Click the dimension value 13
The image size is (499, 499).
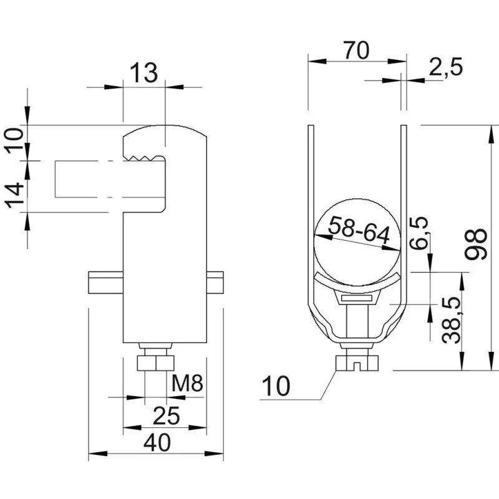[144, 73]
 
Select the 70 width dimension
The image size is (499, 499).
[357, 50]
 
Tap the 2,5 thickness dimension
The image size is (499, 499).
[445, 67]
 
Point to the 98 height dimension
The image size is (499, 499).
[477, 244]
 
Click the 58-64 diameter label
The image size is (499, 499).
[359, 230]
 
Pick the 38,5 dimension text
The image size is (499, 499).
[452, 320]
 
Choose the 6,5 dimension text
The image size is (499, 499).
[419, 233]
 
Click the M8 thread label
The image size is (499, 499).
[187, 383]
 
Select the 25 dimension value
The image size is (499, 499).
[166, 415]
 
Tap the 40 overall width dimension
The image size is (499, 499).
[157, 442]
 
